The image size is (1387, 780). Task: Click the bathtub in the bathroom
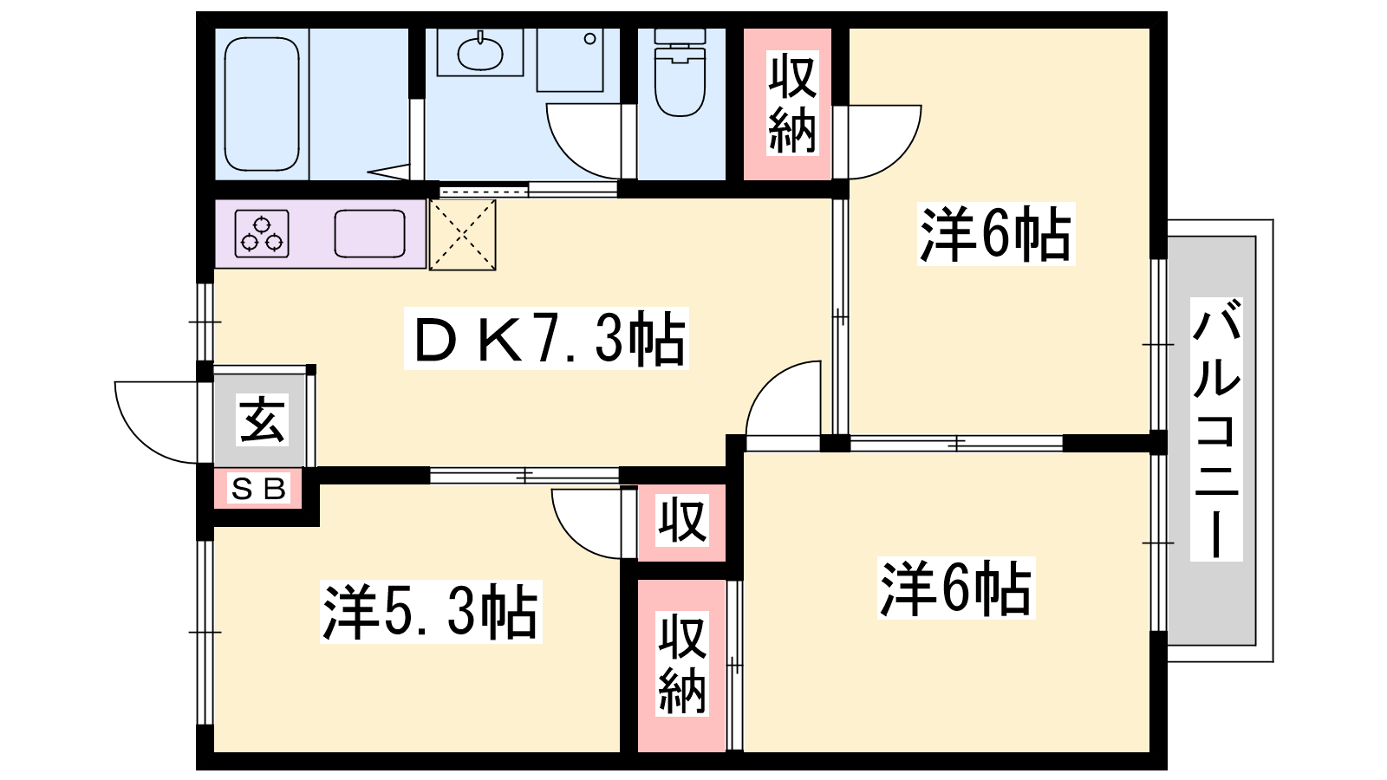pos(262,104)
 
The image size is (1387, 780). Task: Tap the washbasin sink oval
pos(480,53)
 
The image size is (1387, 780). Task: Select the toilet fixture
pos(680,73)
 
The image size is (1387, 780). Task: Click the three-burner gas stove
pos(262,233)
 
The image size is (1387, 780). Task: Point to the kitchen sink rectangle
pos(369,233)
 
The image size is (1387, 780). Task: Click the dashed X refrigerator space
pos(463,235)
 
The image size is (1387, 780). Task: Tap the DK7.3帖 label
pos(546,339)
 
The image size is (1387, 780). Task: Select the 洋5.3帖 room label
pos(431,612)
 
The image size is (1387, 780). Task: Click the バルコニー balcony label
pos(1217,429)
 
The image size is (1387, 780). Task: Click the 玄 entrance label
pos(263,420)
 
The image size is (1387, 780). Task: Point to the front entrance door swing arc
pos(140,438)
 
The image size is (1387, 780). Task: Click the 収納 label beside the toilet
pos(792,103)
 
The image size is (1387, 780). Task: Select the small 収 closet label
pos(681,521)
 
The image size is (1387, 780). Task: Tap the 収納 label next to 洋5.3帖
pos(681,664)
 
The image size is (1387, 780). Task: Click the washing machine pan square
pos(570,60)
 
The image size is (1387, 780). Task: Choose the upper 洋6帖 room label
pos(996,234)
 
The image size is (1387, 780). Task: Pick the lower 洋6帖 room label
pos(956,588)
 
